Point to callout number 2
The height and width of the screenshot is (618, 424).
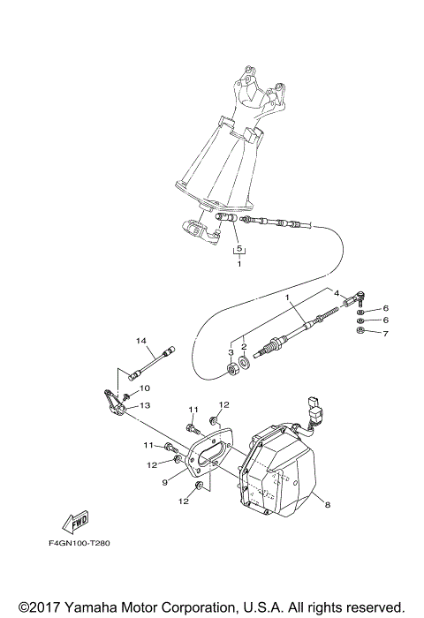click(244, 348)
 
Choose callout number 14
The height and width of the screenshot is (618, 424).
click(140, 340)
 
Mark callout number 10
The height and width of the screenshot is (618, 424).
click(145, 388)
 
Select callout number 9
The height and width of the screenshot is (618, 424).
click(164, 482)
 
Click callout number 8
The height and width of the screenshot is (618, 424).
click(327, 506)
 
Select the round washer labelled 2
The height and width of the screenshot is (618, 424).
click(244, 363)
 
